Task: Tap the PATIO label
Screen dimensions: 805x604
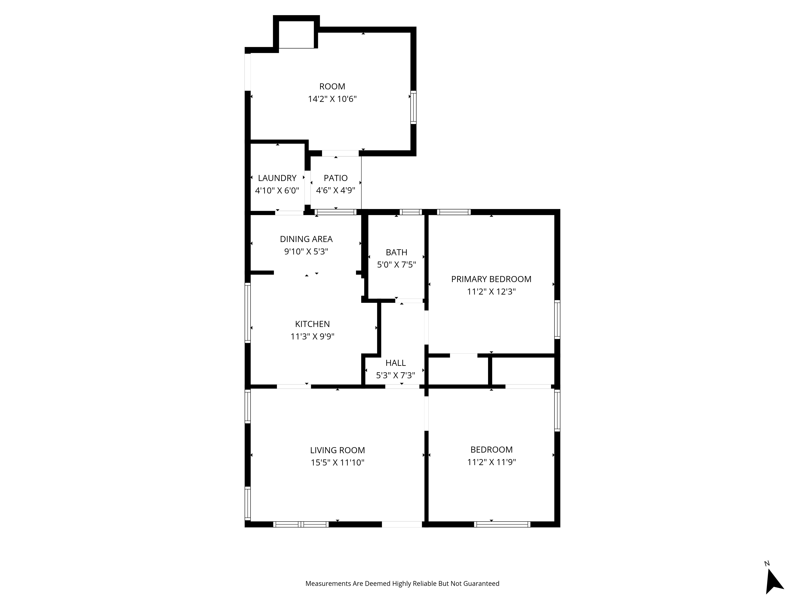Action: tap(335, 178)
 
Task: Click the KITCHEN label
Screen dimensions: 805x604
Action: tap(312, 324)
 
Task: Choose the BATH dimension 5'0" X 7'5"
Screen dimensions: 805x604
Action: tap(396, 265)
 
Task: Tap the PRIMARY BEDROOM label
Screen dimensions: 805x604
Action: tap(491, 279)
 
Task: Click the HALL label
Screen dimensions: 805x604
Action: tap(396, 363)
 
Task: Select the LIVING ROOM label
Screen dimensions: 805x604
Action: tap(337, 450)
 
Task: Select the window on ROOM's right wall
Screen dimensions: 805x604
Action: tap(413, 107)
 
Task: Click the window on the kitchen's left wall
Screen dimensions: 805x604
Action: tap(248, 313)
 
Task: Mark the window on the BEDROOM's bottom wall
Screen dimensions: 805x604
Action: tap(502, 524)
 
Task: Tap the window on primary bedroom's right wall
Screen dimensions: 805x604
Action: tap(557, 319)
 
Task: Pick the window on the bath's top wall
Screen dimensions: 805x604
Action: tap(411, 212)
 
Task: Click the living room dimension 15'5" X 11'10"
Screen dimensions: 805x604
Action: tap(337, 463)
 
